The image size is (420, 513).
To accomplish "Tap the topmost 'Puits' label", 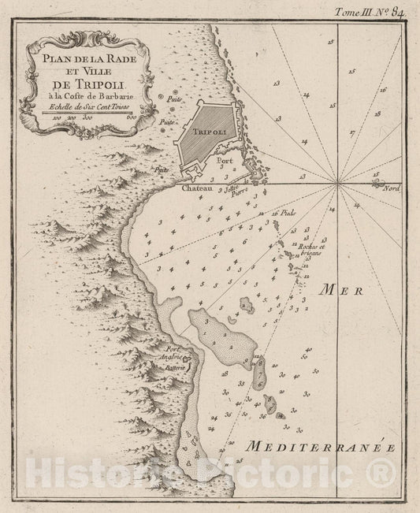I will coord(174,99).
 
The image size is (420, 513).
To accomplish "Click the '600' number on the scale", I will coord(131,118).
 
